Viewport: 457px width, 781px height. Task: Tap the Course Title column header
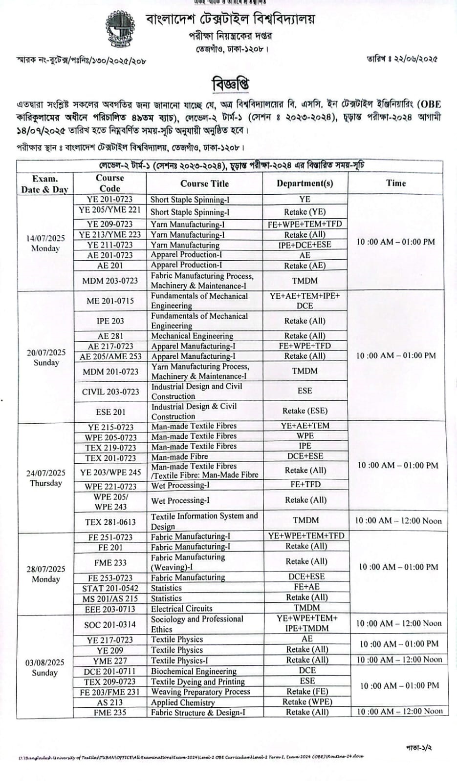click(204, 184)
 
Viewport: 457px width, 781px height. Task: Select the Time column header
click(395, 183)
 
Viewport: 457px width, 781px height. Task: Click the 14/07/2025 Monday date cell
click(45, 243)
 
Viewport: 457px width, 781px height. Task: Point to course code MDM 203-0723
click(110, 281)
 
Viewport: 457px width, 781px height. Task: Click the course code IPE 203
click(110, 321)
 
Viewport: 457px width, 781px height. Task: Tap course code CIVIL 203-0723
click(110, 391)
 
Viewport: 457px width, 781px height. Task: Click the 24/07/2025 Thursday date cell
click(45, 478)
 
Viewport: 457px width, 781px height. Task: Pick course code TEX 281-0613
click(110, 522)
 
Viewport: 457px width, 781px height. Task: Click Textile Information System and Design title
click(204, 521)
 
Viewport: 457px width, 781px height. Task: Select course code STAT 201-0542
click(110, 588)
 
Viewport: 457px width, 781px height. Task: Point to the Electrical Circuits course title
click(181, 609)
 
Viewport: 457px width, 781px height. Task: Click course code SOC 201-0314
click(110, 624)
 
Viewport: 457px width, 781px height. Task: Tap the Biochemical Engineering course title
click(194, 671)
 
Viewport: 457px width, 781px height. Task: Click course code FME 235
click(110, 712)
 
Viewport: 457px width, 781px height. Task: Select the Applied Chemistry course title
click(183, 702)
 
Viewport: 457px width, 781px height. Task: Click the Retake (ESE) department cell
click(305, 411)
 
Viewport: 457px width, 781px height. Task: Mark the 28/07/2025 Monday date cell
click(45, 574)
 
